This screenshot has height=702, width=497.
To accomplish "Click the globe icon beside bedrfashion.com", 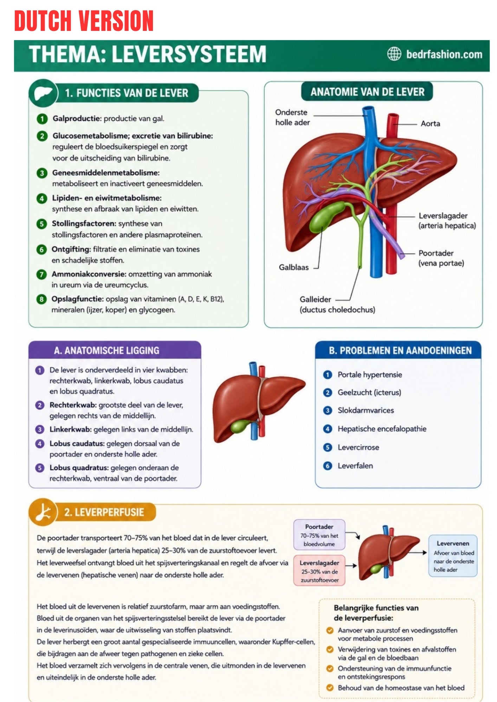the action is [394, 54].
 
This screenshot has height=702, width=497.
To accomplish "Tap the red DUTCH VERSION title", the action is [84, 21].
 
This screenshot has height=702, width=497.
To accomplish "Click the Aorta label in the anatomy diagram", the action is [430, 124].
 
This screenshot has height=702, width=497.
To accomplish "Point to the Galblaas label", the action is [293, 267].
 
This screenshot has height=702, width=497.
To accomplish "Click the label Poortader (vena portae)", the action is [441, 258].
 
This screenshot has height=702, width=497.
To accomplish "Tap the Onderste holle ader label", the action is [292, 117].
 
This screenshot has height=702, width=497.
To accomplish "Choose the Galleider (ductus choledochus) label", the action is [337, 304].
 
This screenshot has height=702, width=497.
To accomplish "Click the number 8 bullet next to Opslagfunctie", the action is [41, 299].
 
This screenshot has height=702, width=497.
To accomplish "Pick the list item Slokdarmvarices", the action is [366, 410].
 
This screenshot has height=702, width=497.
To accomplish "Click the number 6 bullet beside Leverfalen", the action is [328, 466].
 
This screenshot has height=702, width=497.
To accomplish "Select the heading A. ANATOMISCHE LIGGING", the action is [106, 351].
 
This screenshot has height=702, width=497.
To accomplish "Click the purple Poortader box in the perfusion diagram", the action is [319, 535].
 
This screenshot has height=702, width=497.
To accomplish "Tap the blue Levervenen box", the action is [453, 556].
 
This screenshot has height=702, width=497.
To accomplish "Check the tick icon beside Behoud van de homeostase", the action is [330, 688].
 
